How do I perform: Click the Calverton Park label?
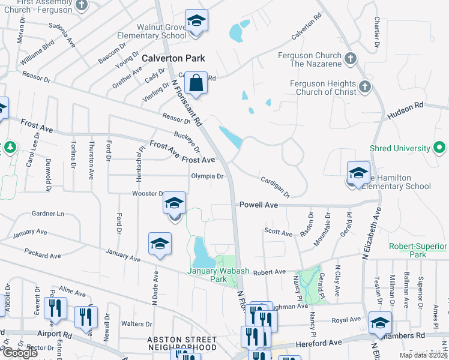[173, 58]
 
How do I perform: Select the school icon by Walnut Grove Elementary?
[196, 22]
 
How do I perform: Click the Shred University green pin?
[440, 148]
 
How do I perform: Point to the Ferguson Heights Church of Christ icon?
[365, 88]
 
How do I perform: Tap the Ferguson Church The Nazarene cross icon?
[352, 59]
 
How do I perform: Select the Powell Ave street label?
[259, 205]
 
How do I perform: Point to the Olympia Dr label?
[207, 176]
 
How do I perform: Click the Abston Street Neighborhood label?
[182, 343]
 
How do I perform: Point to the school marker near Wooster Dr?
[174, 205]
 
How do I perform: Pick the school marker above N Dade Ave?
[160, 245]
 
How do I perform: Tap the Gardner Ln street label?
[47, 213]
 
